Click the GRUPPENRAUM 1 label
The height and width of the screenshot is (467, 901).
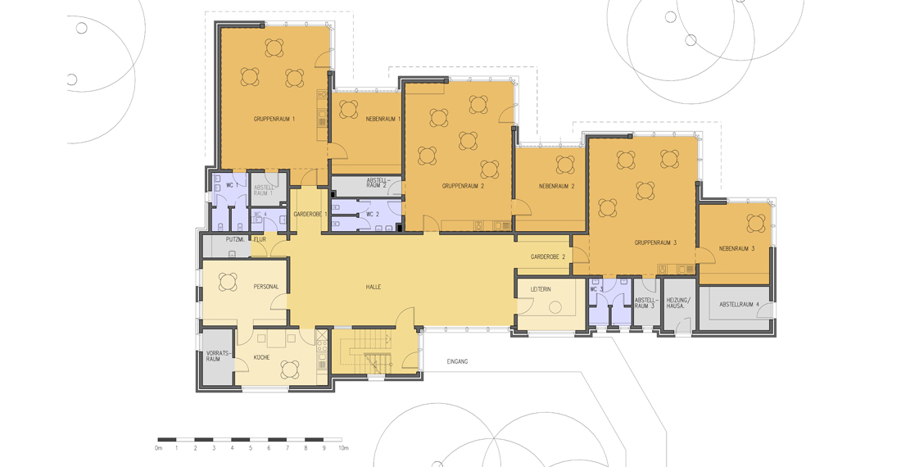(274, 120)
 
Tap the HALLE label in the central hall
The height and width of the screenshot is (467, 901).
(374, 287)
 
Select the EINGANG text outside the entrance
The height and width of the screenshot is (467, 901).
(457, 361)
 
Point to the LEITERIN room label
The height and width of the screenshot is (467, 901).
(540, 289)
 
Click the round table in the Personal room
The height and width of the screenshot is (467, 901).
(229, 282)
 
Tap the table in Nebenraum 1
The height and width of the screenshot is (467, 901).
(348, 109)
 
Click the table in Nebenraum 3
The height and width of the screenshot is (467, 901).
(756, 222)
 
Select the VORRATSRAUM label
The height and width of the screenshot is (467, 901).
(213, 356)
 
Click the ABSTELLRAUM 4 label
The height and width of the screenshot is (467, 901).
(739, 305)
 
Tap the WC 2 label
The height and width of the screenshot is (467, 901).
(373, 215)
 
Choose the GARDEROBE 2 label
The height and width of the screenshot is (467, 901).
(548, 256)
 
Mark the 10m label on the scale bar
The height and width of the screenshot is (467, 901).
(343, 448)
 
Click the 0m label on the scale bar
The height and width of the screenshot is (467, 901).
(159, 448)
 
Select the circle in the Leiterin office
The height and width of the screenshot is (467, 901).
(555, 308)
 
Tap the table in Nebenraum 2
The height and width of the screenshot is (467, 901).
(565, 165)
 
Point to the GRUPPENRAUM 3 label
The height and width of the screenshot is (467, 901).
(655, 243)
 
